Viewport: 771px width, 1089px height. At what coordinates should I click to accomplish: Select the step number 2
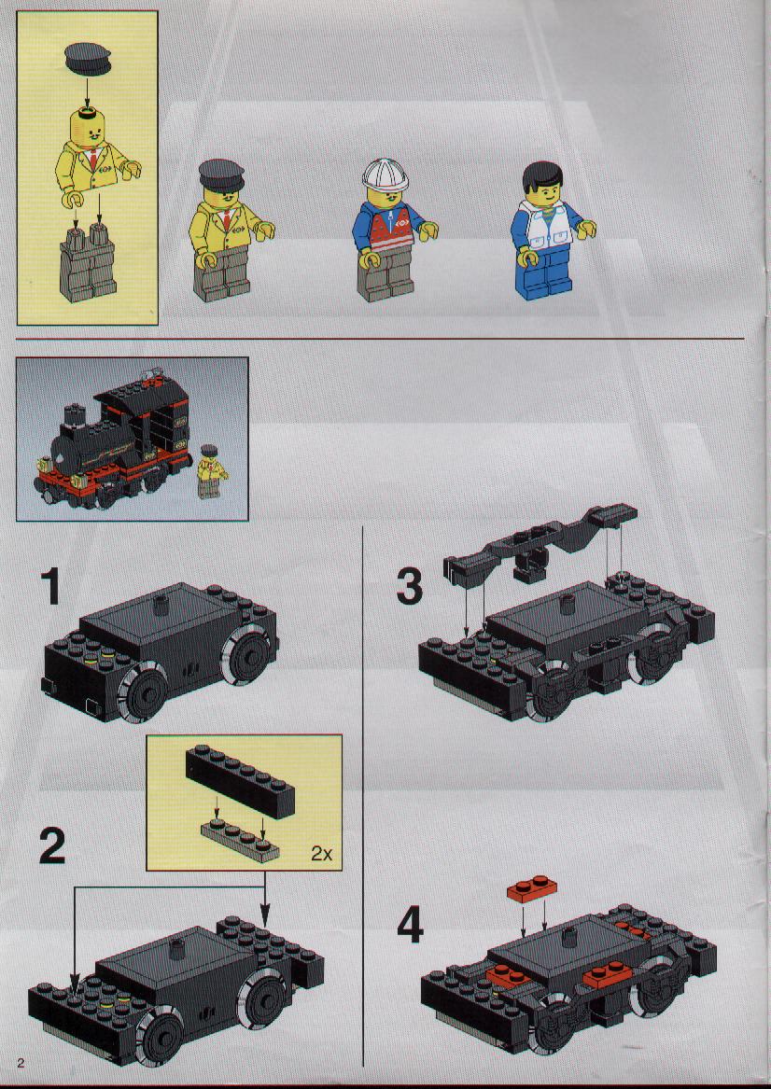(52, 845)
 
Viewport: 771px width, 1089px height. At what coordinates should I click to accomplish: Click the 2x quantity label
(321, 854)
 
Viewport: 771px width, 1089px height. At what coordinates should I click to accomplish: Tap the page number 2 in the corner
(21, 1063)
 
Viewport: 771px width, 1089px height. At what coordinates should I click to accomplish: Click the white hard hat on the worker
(385, 175)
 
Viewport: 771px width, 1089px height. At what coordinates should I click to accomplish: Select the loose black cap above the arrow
(88, 58)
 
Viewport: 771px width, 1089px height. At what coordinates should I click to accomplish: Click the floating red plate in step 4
(532, 888)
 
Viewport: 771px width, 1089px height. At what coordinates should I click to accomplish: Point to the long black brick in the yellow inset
(240, 781)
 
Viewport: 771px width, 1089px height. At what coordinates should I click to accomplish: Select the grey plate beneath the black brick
(240, 841)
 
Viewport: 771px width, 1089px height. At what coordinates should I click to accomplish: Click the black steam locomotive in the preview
(113, 441)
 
